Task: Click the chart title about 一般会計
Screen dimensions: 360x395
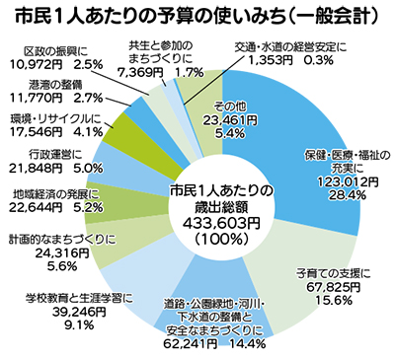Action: pyautogui.click(x=197, y=18)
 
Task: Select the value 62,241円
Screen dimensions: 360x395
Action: pyautogui.click(x=182, y=345)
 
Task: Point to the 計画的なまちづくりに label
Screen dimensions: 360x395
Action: pyautogui.click(x=59, y=238)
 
